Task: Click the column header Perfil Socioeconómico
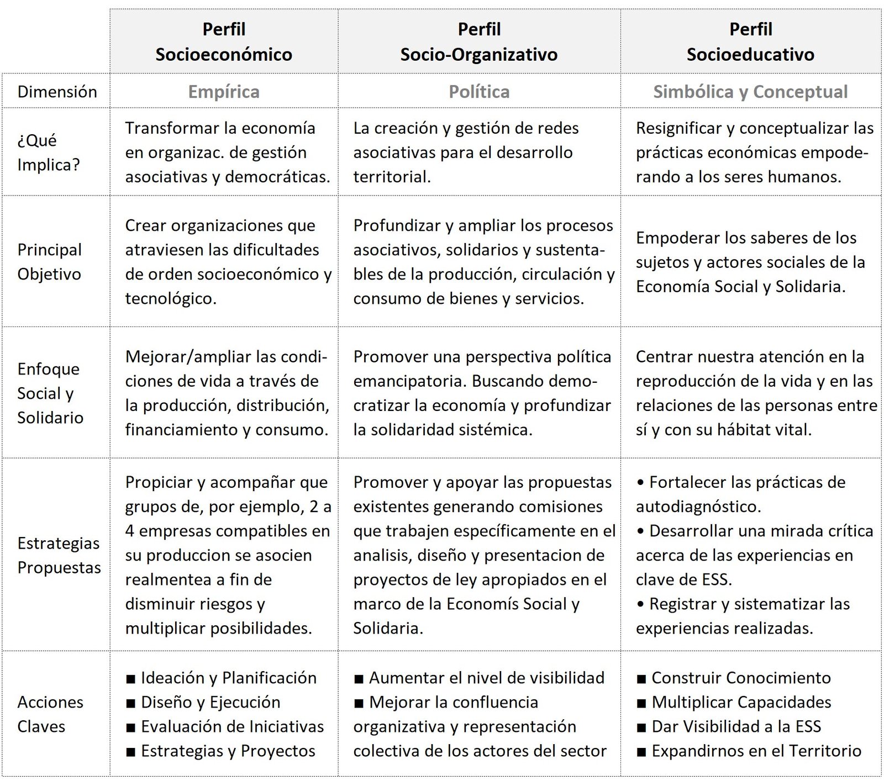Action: (224, 41)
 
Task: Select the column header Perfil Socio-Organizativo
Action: (479, 41)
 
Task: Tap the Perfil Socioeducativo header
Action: (750, 41)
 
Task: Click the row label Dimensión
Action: (57, 92)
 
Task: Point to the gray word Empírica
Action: (224, 92)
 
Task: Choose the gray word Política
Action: (479, 92)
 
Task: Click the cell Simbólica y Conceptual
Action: (750, 92)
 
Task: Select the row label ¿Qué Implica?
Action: (49, 152)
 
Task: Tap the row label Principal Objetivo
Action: (50, 262)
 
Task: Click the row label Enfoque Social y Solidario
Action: (50, 393)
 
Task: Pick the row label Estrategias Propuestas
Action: (59, 555)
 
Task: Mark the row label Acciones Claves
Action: (50, 714)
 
